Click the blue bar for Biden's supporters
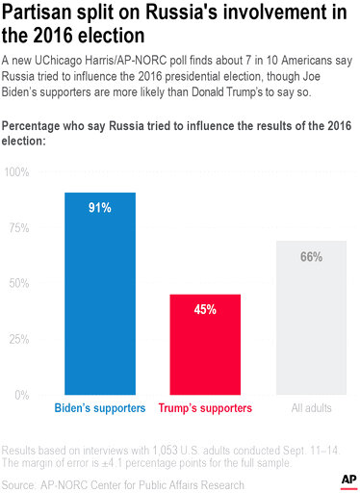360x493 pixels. tap(100, 294)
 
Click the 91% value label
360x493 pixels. tap(100, 207)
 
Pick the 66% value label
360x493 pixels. tap(311, 257)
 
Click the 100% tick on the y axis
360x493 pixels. tap(16, 172)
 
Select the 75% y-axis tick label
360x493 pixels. tap(18, 228)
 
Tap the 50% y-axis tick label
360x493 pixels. tap(18, 284)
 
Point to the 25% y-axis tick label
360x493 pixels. tap(18, 340)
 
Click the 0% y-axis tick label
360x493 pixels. tap(21, 396)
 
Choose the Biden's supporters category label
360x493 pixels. tap(100, 408)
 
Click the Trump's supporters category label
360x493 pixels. tap(205, 408)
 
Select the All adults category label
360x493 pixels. tap(311, 408)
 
